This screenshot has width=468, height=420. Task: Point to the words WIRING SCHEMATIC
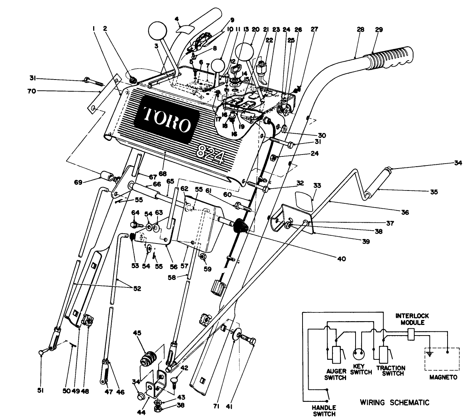pyautogui.click(x=395, y=402)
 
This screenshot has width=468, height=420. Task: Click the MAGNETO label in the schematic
pyautogui.click(x=443, y=377)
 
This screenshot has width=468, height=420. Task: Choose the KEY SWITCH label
pyautogui.click(x=360, y=370)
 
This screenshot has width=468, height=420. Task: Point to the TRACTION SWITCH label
pyautogui.click(x=391, y=370)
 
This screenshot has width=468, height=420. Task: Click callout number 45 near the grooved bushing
pyautogui.click(x=136, y=333)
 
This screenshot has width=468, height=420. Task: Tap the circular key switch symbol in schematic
pyautogui.click(x=359, y=354)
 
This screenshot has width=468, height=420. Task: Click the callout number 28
pyautogui.click(x=360, y=29)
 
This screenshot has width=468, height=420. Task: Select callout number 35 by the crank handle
pyautogui.click(x=434, y=192)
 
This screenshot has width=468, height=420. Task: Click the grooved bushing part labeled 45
pyautogui.click(x=148, y=358)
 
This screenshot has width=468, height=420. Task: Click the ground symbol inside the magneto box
pyautogui.click(x=429, y=354)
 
